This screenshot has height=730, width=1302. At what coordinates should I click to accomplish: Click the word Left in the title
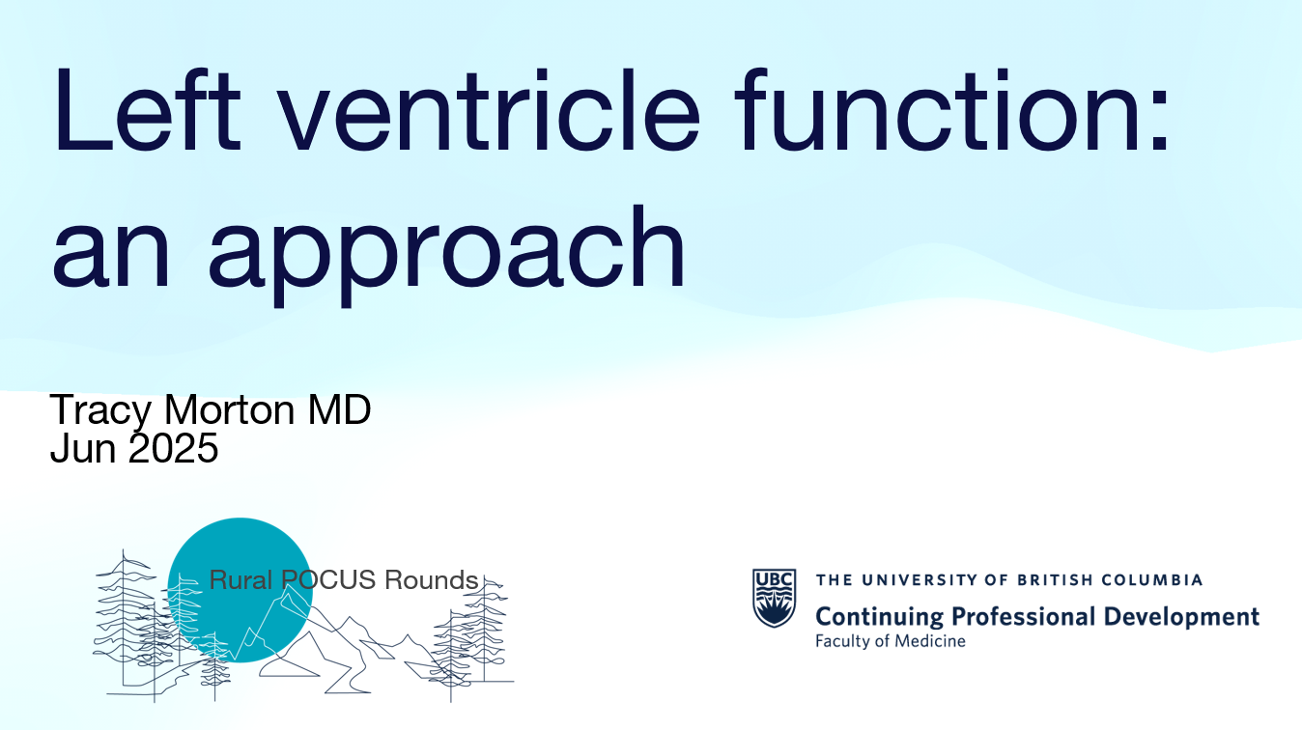click(x=148, y=109)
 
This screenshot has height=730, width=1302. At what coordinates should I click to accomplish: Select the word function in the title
click(x=938, y=109)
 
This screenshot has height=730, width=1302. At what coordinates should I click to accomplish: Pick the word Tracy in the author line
click(x=100, y=412)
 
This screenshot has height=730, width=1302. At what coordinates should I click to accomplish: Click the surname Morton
click(x=229, y=409)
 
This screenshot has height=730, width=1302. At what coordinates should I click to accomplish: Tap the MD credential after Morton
click(x=339, y=409)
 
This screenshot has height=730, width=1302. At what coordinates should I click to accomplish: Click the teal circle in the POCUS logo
click(x=241, y=590)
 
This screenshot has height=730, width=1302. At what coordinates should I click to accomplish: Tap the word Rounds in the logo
click(x=432, y=580)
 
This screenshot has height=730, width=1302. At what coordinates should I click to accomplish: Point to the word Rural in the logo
click(x=241, y=580)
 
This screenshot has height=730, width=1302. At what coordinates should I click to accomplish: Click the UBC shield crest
click(x=775, y=598)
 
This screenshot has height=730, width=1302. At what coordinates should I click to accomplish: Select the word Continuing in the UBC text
click(x=880, y=617)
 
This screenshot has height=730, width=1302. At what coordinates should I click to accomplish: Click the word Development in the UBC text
click(x=1181, y=616)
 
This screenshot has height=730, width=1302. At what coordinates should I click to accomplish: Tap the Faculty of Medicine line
click(x=890, y=641)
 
